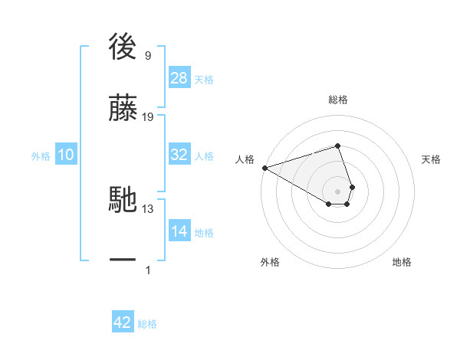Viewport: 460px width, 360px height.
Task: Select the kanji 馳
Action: click(123, 201)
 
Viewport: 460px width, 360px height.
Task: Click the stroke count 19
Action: click(148, 117)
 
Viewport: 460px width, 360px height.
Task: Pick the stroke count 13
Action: click(148, 208)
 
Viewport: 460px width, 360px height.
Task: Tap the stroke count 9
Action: click(148, 55)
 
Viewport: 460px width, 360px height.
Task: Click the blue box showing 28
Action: click(179, 79)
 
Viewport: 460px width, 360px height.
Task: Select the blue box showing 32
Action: click(179, 155)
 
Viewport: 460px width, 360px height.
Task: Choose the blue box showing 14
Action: click(179, 231)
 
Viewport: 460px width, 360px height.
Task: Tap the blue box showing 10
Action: click(66, 155)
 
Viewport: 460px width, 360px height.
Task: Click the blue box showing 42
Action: click(123, 322)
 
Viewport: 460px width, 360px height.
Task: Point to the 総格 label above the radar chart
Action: click(337, 100)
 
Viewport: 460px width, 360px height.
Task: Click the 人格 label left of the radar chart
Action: click(245, 159)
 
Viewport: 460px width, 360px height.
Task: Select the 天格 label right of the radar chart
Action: click(431, 159)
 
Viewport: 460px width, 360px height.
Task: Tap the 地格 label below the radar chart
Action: click(402, 262)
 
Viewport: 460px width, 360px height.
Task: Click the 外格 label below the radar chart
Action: click(270, 262)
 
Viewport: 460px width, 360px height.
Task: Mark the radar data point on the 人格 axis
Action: click(264, 168)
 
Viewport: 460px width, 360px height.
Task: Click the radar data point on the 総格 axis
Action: click(337, 146)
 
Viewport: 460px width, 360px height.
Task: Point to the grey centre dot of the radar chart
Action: click(337, 191)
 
